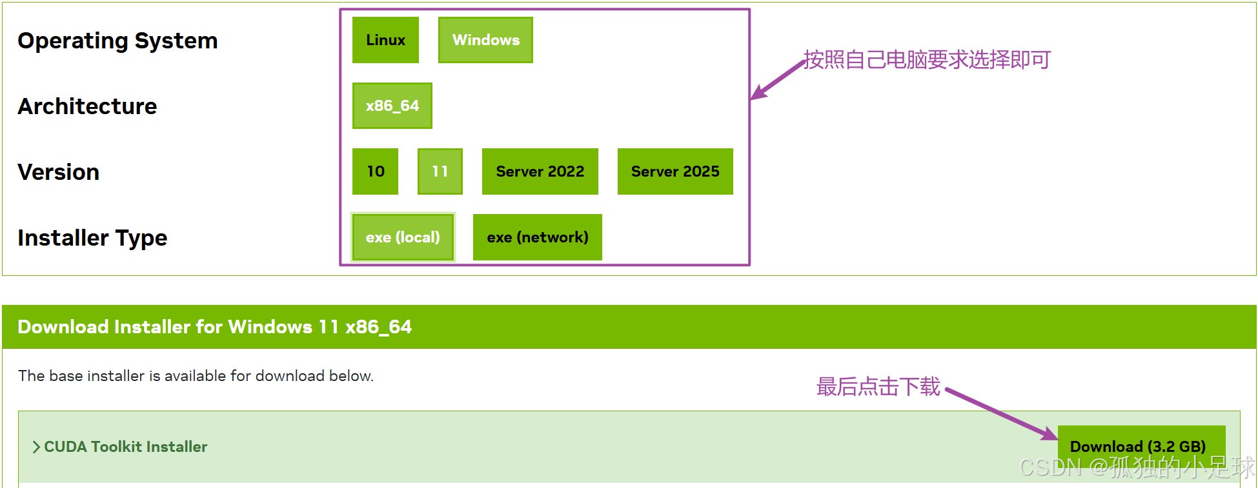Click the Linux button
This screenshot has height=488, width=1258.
[x=385, y=40]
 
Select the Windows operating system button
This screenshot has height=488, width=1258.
[x=485, y=40]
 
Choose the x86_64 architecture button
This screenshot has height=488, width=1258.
[x=392, y=106]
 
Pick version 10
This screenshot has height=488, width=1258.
[x=375, y=171]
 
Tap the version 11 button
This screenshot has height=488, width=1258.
[x=440, y=171]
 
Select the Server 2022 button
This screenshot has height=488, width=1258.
[x=540, y=171]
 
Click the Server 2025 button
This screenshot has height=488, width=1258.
[x=675, y=171]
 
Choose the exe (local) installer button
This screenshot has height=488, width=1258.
[x=403, y=237]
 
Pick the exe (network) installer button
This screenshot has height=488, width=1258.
[x=537, y=237]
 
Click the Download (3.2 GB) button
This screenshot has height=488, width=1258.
[x=1137, y=446]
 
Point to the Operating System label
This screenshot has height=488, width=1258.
[x=117, y=41]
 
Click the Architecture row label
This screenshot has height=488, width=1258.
[x=87, y=106]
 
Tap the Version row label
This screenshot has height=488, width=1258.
[x=58, y=172]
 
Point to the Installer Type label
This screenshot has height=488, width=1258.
[x=92, y=238]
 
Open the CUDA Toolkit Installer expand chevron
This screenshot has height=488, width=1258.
[x=37, y=447]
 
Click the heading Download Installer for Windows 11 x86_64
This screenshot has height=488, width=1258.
[x=214, y=327]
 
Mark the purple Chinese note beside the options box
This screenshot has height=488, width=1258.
[x=927, y=60]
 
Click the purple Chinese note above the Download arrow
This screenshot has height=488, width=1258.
[x=878, y=387]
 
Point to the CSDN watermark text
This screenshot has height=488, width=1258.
[x=1136, y=467]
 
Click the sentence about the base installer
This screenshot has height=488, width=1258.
[x=196, y=376]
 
